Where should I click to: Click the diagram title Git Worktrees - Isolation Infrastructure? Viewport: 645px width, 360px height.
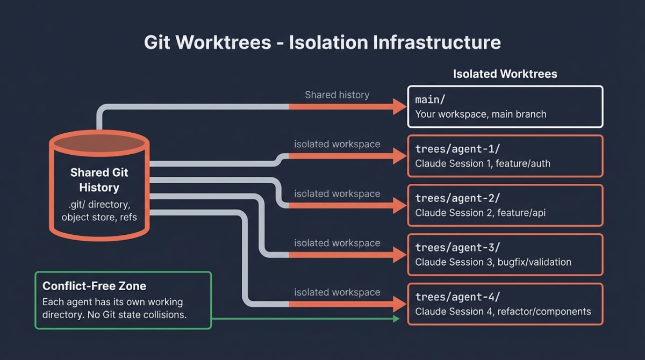pyautogui.click(x=322, y=42)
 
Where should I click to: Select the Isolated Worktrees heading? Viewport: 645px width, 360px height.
pyautogui.click(x=505, y=74)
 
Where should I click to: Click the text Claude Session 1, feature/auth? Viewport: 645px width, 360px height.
pyautogui.click(x=483, y=163)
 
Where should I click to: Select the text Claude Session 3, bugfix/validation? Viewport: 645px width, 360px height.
pyautogui.click(x=493, y=262)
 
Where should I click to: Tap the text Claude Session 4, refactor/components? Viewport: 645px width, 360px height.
pyautogui.click(x=503, y=312)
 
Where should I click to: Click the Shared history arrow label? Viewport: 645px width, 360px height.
pyautogui.click(x=337, y=95)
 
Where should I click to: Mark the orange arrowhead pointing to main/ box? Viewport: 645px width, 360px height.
pyautogui.click(x=400, y=107)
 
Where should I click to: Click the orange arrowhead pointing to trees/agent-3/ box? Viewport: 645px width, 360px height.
pyautogui.click(x=400, y=255)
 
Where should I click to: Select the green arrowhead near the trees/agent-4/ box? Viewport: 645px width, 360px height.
pyautogui.click(x=397, y=319)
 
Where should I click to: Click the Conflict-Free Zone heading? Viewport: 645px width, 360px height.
pyautogui.click(x=94, y=286)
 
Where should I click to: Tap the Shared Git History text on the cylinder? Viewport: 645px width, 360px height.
pyautogui.click(x=99, y=180)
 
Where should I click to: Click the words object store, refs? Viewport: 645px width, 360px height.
pyautogui.click(x=99, y=217)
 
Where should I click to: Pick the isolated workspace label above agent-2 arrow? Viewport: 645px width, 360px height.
pyautogui.click(x=337, y=193)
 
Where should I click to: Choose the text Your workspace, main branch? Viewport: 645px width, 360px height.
pyautogui.click(x=481, y=114)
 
